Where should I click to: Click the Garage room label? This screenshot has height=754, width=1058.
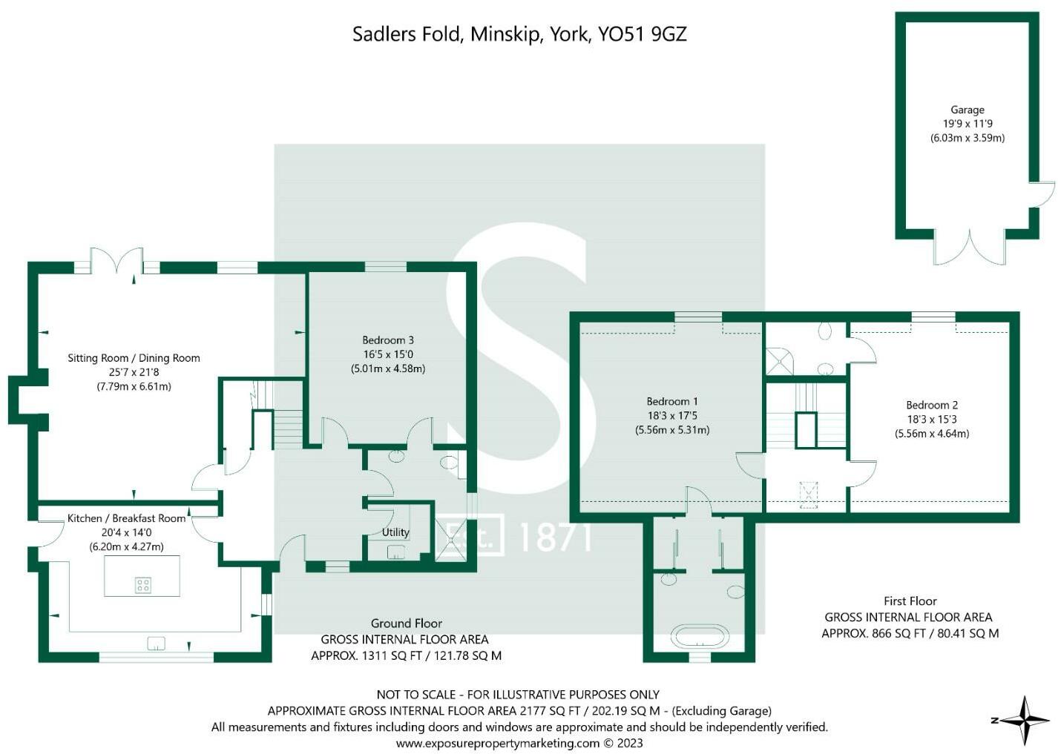coord(967,110)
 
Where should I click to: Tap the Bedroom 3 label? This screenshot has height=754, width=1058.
coord(388,340)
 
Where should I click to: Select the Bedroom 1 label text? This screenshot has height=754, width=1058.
coord(672,402)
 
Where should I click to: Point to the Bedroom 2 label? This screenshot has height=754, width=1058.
coord(932,406)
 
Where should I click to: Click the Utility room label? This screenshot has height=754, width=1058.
coord(395,532)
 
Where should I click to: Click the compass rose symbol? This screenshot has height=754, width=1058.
coord(1024,720)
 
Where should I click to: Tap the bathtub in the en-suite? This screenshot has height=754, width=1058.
coord(700,637)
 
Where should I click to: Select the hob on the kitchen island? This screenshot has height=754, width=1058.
coord(143,586)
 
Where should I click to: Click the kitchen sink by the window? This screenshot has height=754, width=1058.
coord(157,643)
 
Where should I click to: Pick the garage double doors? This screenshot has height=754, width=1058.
coord(970,248)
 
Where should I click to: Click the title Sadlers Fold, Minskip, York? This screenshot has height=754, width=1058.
coord(519,34)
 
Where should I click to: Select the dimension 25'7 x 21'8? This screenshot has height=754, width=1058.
coord(134,372)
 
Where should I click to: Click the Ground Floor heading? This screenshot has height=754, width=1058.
coord(407,624)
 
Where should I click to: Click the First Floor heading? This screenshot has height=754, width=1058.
coord(910,601)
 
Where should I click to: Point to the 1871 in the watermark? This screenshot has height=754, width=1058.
coord(555,538)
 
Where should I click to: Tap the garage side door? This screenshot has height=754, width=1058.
coord(1042,194)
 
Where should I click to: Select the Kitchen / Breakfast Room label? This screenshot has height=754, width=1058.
coord(126,518)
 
